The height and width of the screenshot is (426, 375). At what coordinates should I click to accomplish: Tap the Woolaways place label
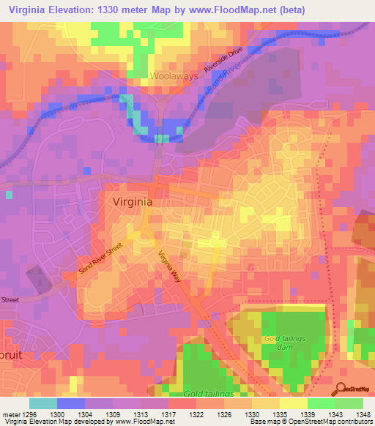pyautogui.click(x=174, y=75)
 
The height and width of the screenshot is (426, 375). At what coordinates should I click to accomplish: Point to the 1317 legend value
pyautogui.click(x=169, y=414)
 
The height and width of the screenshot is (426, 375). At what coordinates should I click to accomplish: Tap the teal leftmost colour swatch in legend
pyautogui.click(x=42, y=403)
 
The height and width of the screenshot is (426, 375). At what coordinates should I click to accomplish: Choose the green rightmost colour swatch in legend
pyautogui.click(x=349, y=403)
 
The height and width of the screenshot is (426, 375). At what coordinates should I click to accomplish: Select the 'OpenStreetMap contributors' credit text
pyautogui.click(x=330, y=422)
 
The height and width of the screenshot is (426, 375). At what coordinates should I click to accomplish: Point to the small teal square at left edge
pyautogui.click(x=9, y=195)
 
